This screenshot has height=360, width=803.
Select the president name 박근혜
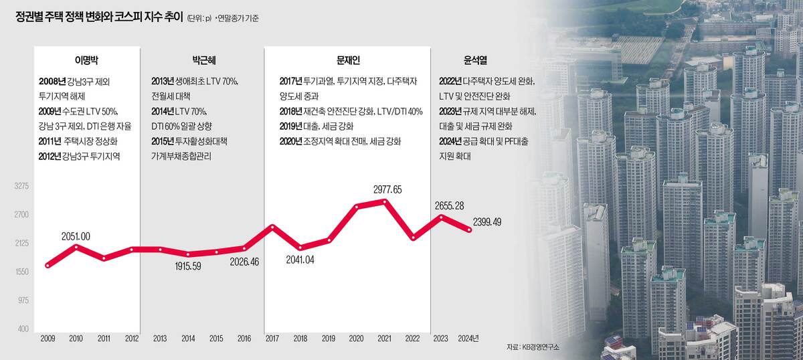tap(201, 59)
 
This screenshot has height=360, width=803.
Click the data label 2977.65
tap(387, 189)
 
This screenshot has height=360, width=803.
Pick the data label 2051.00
tap(76, 236)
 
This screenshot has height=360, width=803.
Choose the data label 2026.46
tap(244, 262)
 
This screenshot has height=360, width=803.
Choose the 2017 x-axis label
tap(272, 338)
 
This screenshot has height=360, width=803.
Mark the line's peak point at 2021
tap(384, 201)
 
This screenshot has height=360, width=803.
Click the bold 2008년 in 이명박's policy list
tap(52, 81)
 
